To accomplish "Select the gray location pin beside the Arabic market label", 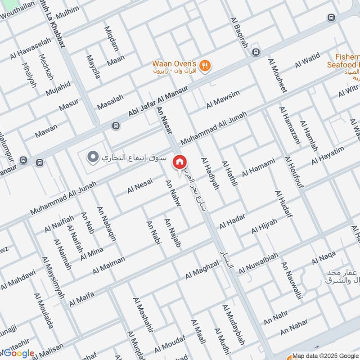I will [93, 157].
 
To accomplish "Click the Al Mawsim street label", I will [223, 99].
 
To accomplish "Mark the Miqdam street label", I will [111, 39].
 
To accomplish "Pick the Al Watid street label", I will [307, 60].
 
